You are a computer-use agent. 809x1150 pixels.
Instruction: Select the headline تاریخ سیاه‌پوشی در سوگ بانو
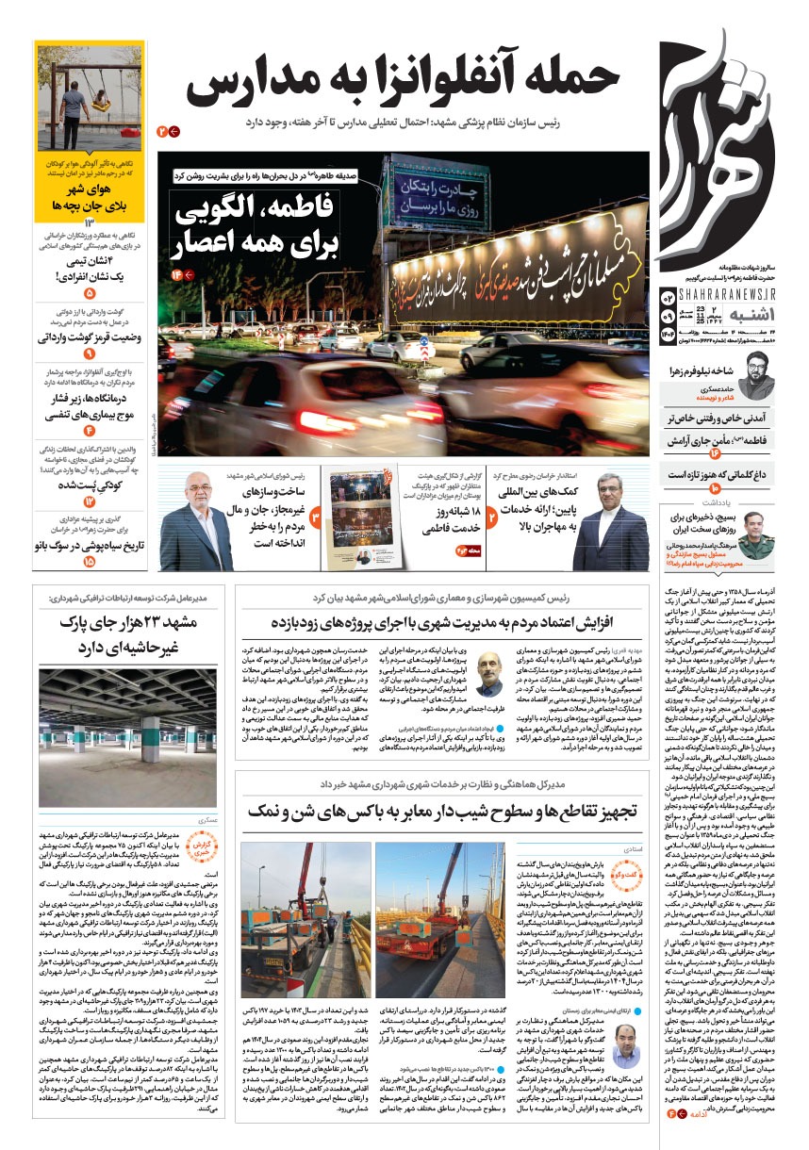[x=90, y=546]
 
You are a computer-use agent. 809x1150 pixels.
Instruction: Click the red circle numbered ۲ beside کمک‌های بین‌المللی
[x=493, y=517]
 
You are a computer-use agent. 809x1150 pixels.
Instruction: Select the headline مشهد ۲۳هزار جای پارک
[x=125, y=634]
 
